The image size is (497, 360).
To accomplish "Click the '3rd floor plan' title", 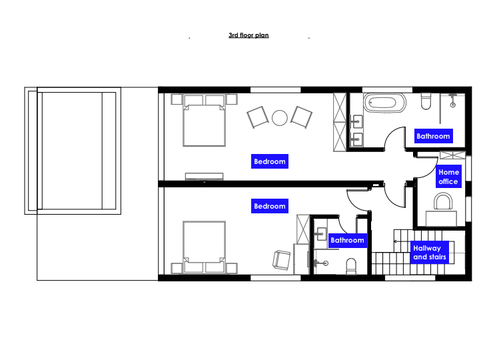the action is pyautogui.click(x=248, y=35).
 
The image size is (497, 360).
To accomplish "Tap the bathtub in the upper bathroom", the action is pyautogui.click(x=384, y=103).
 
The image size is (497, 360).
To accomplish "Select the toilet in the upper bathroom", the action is pyautogui.click(x=426, y=101).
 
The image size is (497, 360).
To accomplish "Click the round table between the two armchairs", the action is pyautogui.click(x=280, y=118).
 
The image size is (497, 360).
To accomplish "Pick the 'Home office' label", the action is pyautogui.click(x=448, y=177).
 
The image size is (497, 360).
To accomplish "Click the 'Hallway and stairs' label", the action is pyautogui.click(x=430, y=253).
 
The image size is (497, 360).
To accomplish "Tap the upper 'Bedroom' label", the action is pyautogui.click(x=270, y=161).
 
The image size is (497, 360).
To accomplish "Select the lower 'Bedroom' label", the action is pyautogui.click(x=270, y=206).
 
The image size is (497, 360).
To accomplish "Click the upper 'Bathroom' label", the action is pyautogui.click(x=433, y=136).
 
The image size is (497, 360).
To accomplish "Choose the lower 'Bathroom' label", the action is pyautogui.click(x=347, y=240).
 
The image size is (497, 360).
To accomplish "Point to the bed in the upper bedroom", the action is pyautogui.click(x=204, y=121).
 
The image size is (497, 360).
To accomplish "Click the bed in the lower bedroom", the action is pyautogui.click(x=204, y=247).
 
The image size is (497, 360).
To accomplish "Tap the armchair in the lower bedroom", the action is pyautogui.click(x=281, y=260).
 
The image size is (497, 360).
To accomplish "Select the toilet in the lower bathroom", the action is pyautogui.click(x=351, y=266).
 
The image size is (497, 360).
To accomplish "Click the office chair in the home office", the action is pyautogui.click(x=443, y=202).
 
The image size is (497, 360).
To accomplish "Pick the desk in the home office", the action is pyautogui.click(x=441, y=218).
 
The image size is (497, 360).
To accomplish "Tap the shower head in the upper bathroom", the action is pyautogui.click(x=453, y=105).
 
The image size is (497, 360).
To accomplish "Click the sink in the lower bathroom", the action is pyautogui.click(x=322, y=234).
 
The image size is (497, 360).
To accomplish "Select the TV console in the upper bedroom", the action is pyautogui.click(x=204, y=177).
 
